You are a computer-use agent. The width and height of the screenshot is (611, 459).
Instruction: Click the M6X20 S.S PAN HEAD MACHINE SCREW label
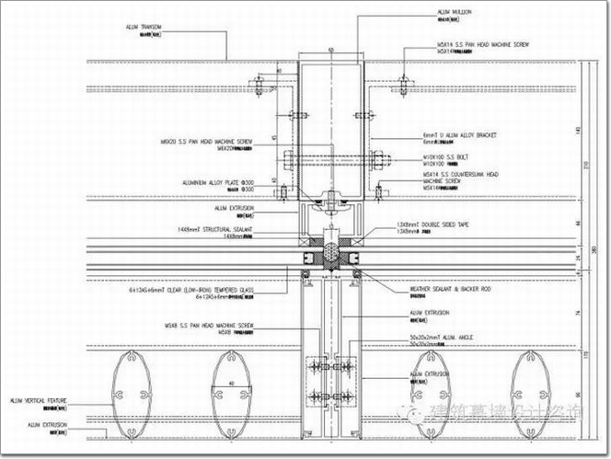207,142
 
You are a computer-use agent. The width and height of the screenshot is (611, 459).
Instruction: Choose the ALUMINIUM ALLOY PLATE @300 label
220,183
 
